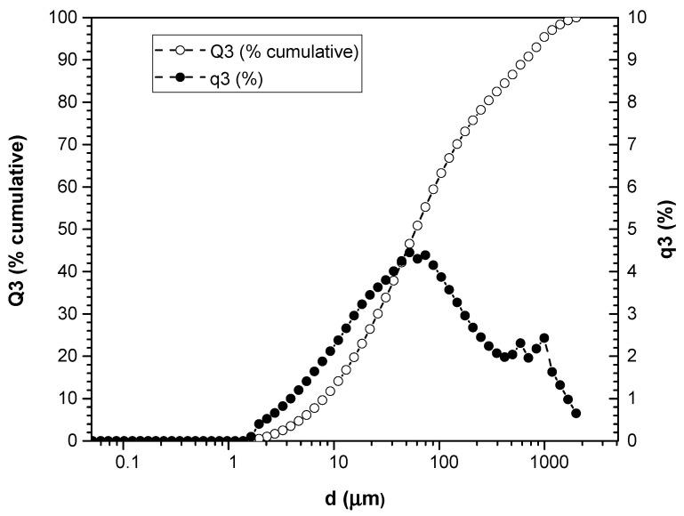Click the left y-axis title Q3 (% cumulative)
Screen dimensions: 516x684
tap(16, 229)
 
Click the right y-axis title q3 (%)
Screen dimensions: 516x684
tap(667, 229)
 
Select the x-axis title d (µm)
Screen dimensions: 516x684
tap(353, 498)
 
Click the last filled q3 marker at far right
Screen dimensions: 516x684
tap(576, 413)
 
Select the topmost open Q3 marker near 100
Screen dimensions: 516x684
tap(576, 17)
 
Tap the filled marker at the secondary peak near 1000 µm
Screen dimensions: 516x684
tap(544, 338)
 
